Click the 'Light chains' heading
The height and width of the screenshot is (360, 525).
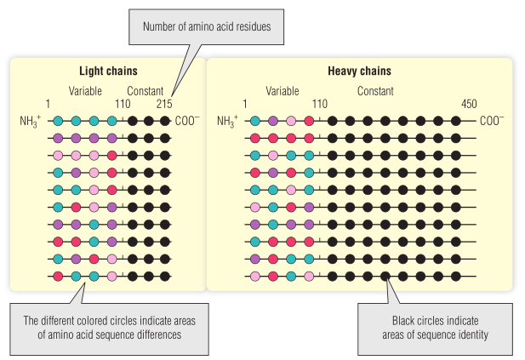pos(108,71)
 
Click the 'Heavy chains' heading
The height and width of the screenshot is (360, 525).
pos(359,71)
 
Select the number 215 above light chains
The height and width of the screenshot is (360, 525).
pos(164,104)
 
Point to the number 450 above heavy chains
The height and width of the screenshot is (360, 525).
pos(469,104)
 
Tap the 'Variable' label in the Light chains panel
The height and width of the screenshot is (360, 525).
pos(86,91)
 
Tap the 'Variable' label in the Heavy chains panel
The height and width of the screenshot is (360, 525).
pos(282,91)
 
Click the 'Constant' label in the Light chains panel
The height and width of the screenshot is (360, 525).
pos(146,91)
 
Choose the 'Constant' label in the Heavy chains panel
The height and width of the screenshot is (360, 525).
pos(375,91)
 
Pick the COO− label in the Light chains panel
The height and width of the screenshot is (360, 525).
pos(187,121)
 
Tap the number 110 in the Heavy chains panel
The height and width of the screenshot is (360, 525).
pos(319,104)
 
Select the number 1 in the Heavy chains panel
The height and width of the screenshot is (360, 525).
pos(245,104)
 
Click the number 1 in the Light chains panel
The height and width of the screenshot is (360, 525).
pos(48,104)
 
